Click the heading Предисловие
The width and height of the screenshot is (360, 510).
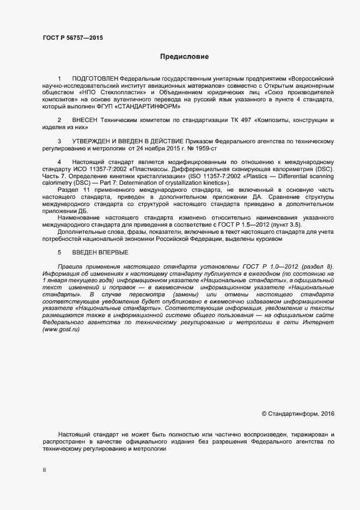pyautogui.click(x=184, y=56)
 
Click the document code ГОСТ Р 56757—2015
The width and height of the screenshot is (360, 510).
pyautogui.click(x=72, y=38)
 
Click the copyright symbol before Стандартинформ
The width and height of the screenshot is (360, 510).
pyautogui.click(x=264, y=414)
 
